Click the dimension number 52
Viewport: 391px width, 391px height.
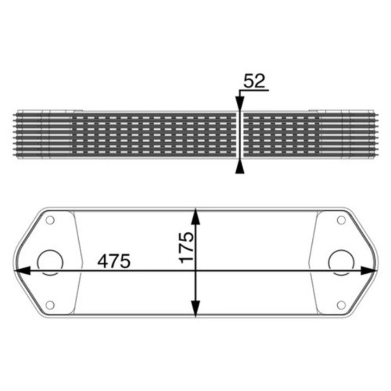click(x=253, y=81)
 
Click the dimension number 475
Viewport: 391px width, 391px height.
click(x=114, y=261)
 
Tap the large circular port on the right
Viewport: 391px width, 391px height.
click(x=341, y=262)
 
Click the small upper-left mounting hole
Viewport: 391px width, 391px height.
click(x=50, y=220)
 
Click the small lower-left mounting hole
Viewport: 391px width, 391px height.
click(x=50, y=305)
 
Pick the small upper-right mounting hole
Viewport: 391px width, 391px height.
click(x=341, y=220)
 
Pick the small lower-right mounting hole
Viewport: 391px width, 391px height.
click(x=341, y=305)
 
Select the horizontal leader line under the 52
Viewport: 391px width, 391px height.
click(x=253, y=92)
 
